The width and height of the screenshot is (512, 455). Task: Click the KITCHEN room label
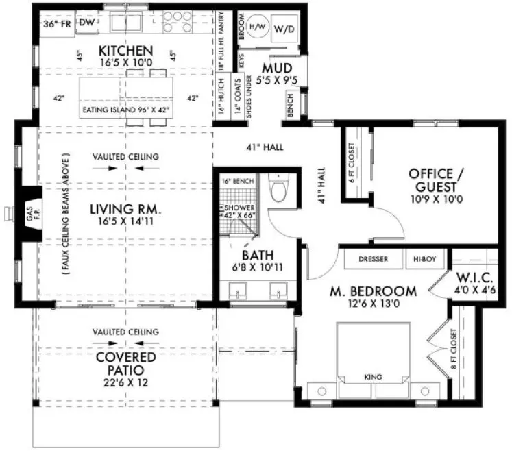point(125,51)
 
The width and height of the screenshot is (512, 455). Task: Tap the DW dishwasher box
point(86,23)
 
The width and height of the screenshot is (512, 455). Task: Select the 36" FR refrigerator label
point(58,23)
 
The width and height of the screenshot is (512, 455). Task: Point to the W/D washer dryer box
point(286,30)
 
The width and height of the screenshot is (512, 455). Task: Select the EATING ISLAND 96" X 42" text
point(127,109)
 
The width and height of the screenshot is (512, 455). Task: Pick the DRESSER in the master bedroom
point(374,260)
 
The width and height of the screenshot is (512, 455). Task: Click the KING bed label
point(374,377)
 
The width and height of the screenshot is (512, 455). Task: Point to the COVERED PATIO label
point(125,364)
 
